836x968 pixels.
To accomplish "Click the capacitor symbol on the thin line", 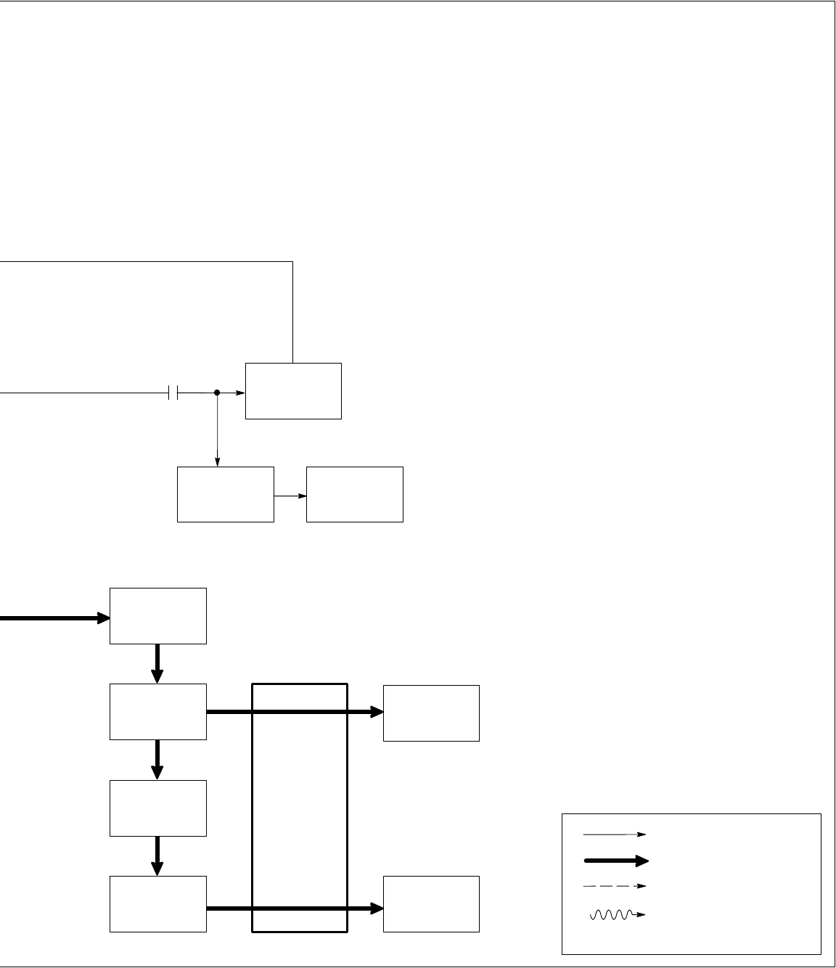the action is (x=173, y=393).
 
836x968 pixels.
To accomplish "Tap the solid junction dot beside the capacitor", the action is (x=217, y=393).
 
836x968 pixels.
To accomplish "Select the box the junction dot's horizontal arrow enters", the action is (x=293, y=390).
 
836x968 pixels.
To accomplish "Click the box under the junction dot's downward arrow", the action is (x=226, y=494).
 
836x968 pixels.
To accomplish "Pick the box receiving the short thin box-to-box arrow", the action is (x=355, y=494).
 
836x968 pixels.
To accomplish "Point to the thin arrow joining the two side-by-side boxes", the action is (x=290, y=496).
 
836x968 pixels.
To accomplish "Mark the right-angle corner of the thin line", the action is (x=292, y=262).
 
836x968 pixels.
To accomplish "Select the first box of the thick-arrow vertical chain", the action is (x=158, y=615).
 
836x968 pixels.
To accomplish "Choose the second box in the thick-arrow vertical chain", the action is (x=158, y=711).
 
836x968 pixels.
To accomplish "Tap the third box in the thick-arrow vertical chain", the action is (x=158, y=808).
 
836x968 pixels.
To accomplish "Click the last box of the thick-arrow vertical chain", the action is (x=158, y=903).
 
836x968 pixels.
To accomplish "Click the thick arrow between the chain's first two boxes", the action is (x=158, y=663).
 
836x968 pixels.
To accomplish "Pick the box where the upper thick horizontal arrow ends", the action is (x=431, y=713).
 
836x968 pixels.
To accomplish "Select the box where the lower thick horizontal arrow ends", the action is (x=431, y=903).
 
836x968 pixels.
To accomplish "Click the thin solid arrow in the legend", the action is (x=614, y=834).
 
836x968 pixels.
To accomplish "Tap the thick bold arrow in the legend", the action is (x=615, y=861).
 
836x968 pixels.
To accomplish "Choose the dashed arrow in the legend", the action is (x=614, y=886).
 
